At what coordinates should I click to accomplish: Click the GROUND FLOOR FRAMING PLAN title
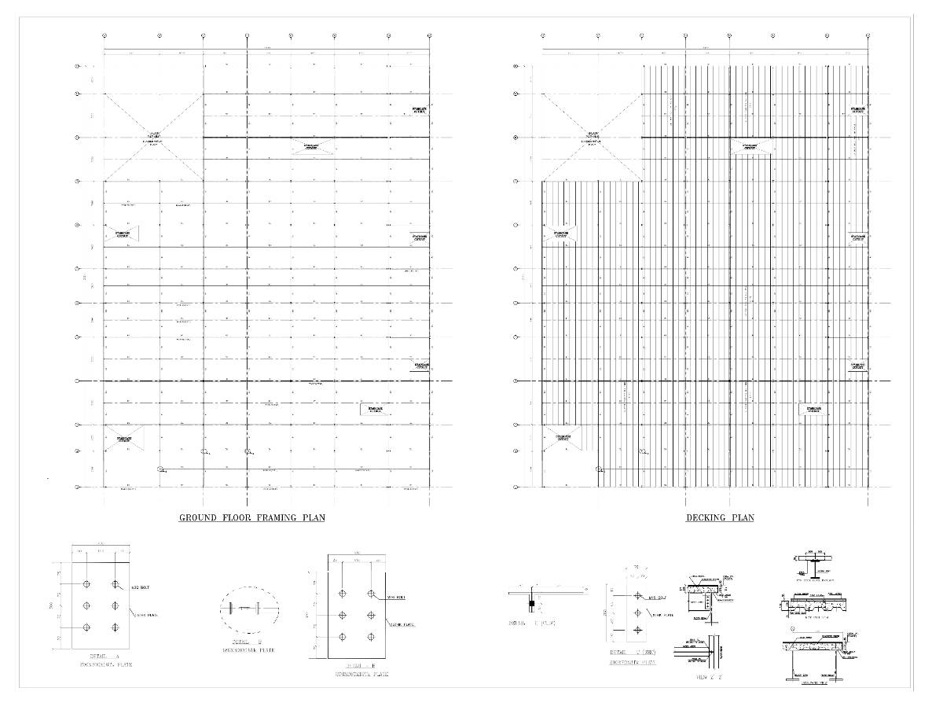pyautogui.click(x=251, y=517)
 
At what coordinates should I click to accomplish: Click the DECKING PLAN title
pyautogui.click(x=720, y=517)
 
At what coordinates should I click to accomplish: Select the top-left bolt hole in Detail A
pyautogui.click(x=86, y=585)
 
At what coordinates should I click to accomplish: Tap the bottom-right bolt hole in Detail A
pyautogui.click(x=115, y=627)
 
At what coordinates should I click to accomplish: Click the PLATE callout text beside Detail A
pyautogui.click(x=147, y=616)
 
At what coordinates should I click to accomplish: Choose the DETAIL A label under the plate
pyautogui.click(x=105, y=655)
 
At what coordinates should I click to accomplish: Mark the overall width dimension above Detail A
pyautogui.click(x=101, y=543)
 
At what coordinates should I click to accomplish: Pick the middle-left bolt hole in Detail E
pyautogui.click(x=343, y=615)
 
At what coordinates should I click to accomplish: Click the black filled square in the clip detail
pyautogui.click(x=532, y=604)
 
